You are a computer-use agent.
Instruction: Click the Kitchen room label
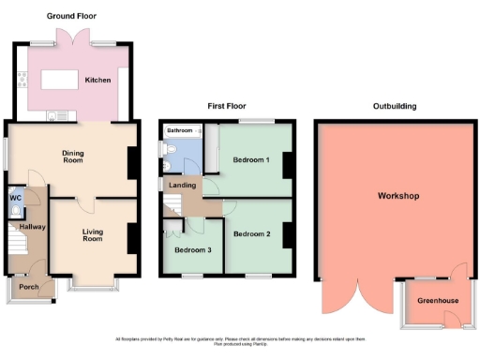click(x=97, y=81)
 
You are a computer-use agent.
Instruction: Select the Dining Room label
click(x=73, y=156)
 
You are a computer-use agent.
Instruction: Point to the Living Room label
click(x=93, y=234)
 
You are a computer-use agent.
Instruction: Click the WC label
click(x=15, y=198)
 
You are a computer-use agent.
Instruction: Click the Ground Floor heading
click(x=72, y=16)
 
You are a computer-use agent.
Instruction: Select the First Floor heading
click(x=223, y=106)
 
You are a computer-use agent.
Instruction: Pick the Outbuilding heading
click(x=396, y=106)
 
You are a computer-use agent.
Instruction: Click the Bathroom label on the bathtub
click(x=180, y=129)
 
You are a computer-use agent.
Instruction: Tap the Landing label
click(x=180, y=186)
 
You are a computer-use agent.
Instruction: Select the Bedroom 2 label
click(x=252, y=232)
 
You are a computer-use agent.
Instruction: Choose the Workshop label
click(x=397, y=196)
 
